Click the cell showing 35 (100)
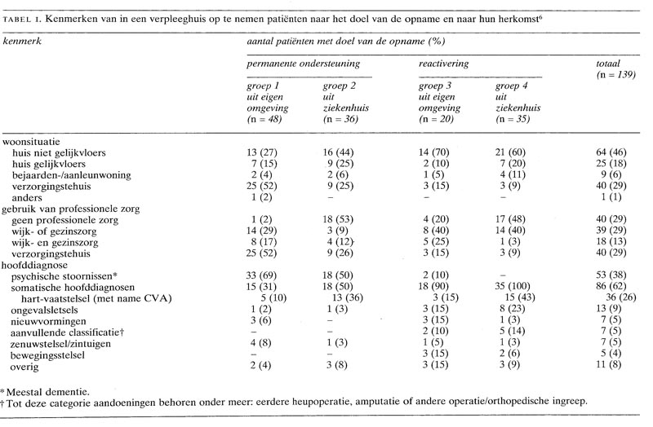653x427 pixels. pyautogui.click(x=513, y=288)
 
